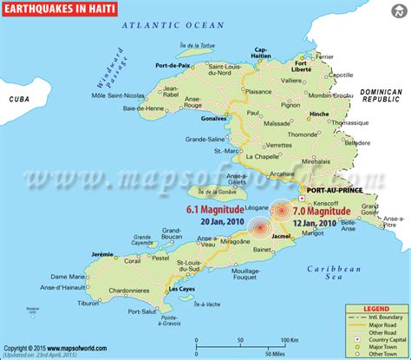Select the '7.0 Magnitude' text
click(322, 211)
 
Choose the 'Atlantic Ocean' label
click(168, 27)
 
